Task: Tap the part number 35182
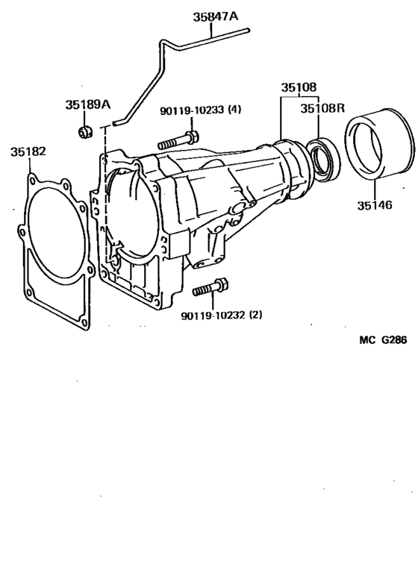point(28,151)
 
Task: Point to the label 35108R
point(322,108)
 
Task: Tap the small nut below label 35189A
point(85,134)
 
